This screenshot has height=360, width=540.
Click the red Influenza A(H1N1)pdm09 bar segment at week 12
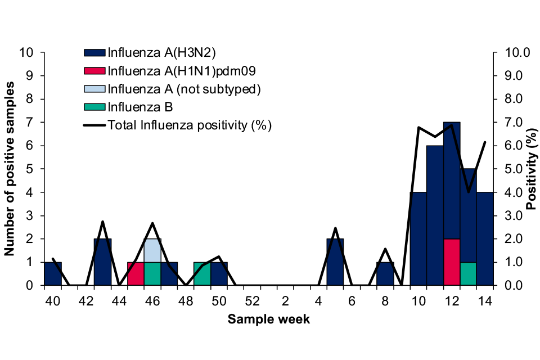452,262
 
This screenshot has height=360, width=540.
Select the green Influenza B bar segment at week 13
469,274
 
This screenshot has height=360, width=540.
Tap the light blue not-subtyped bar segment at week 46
152,250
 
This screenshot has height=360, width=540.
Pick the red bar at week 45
136,274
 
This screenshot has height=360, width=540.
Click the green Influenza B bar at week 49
202,274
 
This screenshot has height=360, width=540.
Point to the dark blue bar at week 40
53,274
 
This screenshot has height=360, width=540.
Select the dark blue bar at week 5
335,262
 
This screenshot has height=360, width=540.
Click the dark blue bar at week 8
385,274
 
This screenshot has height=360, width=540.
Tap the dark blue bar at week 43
102,262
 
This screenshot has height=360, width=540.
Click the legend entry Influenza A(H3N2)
162,52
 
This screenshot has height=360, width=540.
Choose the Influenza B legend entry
140,107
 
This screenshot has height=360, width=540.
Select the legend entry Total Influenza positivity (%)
190,125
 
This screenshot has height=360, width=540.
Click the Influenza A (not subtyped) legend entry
184,89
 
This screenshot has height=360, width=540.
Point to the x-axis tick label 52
252,301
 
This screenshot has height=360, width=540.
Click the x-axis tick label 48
186,301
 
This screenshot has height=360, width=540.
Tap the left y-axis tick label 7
29,122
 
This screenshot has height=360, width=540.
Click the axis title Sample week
268,319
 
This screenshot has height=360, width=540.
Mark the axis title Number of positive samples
10,169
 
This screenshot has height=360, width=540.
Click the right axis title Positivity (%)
530,169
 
